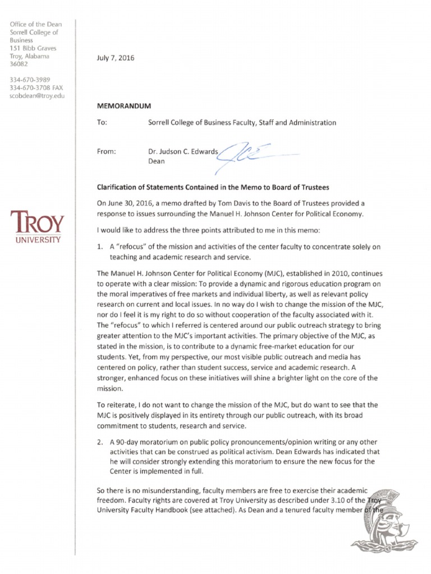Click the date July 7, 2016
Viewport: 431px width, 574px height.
(x=116, y=58)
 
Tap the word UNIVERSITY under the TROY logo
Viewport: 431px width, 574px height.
(x=35, y=239)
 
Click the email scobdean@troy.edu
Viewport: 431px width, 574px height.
(x=38, y=96)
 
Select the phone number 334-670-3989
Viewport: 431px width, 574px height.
(x=30, y=80)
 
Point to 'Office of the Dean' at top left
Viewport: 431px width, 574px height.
(x=36, y=24)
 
